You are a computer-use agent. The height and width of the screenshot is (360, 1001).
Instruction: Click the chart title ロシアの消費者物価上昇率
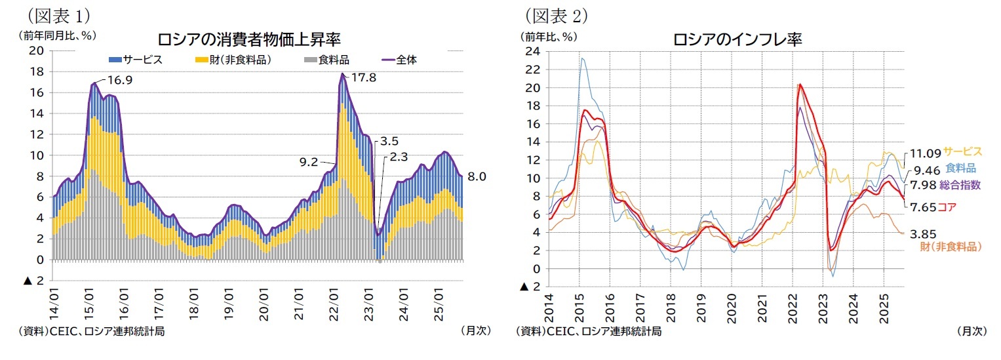[248, 39]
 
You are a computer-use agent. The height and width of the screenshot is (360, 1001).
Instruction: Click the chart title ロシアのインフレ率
[737, 39]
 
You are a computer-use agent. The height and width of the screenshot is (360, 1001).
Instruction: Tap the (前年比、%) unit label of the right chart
[550, 35]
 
